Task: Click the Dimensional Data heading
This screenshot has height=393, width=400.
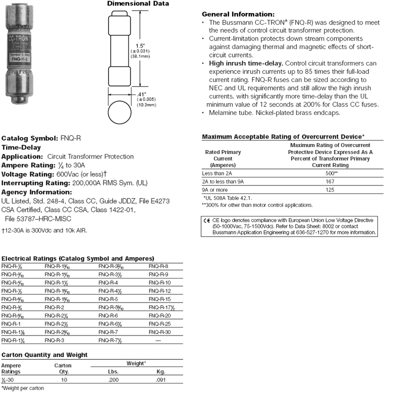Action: pos(138,4)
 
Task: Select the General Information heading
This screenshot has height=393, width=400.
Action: pos(237,14)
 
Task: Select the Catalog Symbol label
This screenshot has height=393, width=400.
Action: pos(30,137)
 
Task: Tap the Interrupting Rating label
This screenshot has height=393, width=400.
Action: pos(35,183)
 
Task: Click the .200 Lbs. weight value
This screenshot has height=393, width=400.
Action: pos(113,379)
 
